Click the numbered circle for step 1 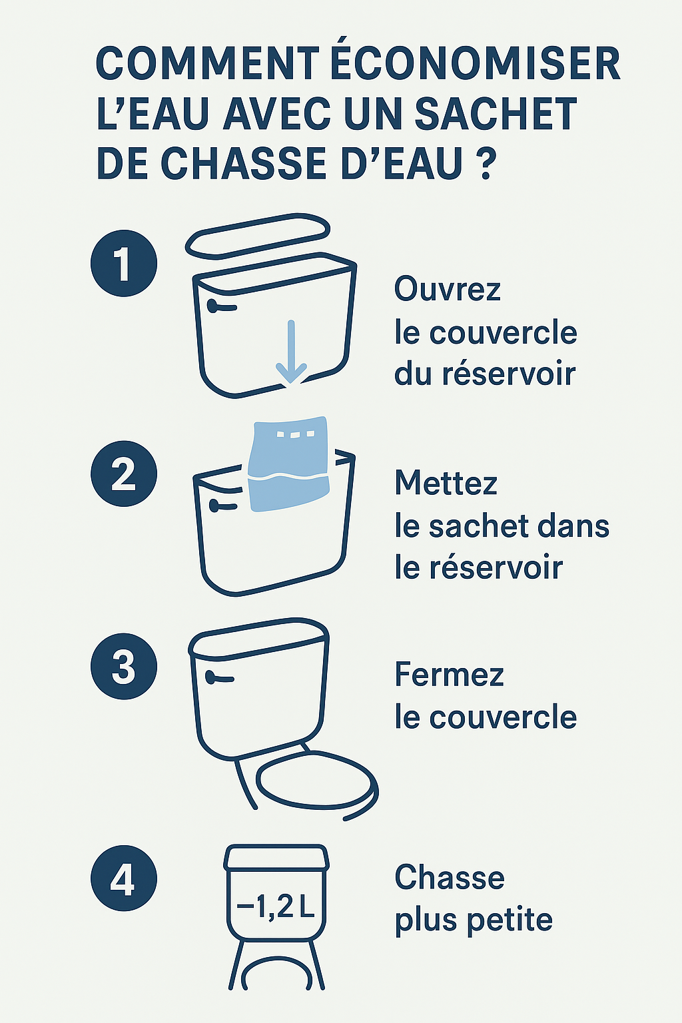pos(124,263)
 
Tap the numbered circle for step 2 pos(124,474)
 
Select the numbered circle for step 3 pos(124,666)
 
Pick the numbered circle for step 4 pos(124,878)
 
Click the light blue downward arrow pos(291,353)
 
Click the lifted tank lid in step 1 pos(258,234)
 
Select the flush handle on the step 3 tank pos(220,678)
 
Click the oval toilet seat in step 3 pos(317,783)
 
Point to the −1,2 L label pos(276,906)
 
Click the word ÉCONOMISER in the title pos(476,65)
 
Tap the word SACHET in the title pos(496,114)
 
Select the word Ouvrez pos(447,290)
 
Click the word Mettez pos(446,483)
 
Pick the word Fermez pos(449,675)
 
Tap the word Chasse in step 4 pos(450,878)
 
